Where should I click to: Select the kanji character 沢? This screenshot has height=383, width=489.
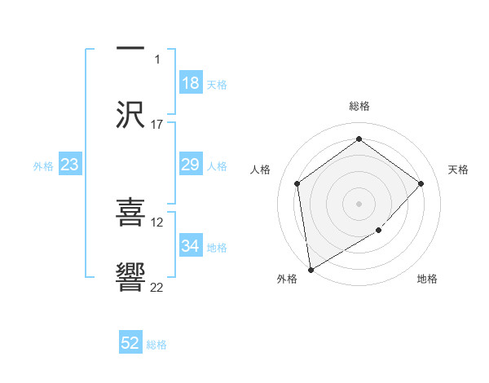point(130,115)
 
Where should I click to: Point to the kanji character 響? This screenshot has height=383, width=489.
point(130,278)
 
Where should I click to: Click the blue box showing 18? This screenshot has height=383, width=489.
point(191,83)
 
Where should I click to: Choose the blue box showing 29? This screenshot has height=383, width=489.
point(191,165)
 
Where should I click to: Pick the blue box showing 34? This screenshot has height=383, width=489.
point(191,246)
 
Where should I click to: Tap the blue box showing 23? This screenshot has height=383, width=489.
point(70,165)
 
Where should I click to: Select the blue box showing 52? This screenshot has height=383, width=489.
point(130,344)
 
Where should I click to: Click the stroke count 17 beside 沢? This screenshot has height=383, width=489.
point(157,125)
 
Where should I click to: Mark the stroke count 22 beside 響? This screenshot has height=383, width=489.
point(157,287)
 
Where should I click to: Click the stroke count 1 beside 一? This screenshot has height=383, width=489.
point(158,59)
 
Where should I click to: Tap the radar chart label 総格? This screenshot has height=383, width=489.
point(359,106)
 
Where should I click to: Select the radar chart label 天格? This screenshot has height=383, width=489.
point(458,169)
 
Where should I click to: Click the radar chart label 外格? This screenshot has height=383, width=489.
point(287,279)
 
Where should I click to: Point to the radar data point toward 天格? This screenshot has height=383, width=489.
point(421,183)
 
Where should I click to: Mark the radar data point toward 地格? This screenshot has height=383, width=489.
point(379,231)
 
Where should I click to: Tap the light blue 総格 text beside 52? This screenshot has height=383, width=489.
point(156,345)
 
